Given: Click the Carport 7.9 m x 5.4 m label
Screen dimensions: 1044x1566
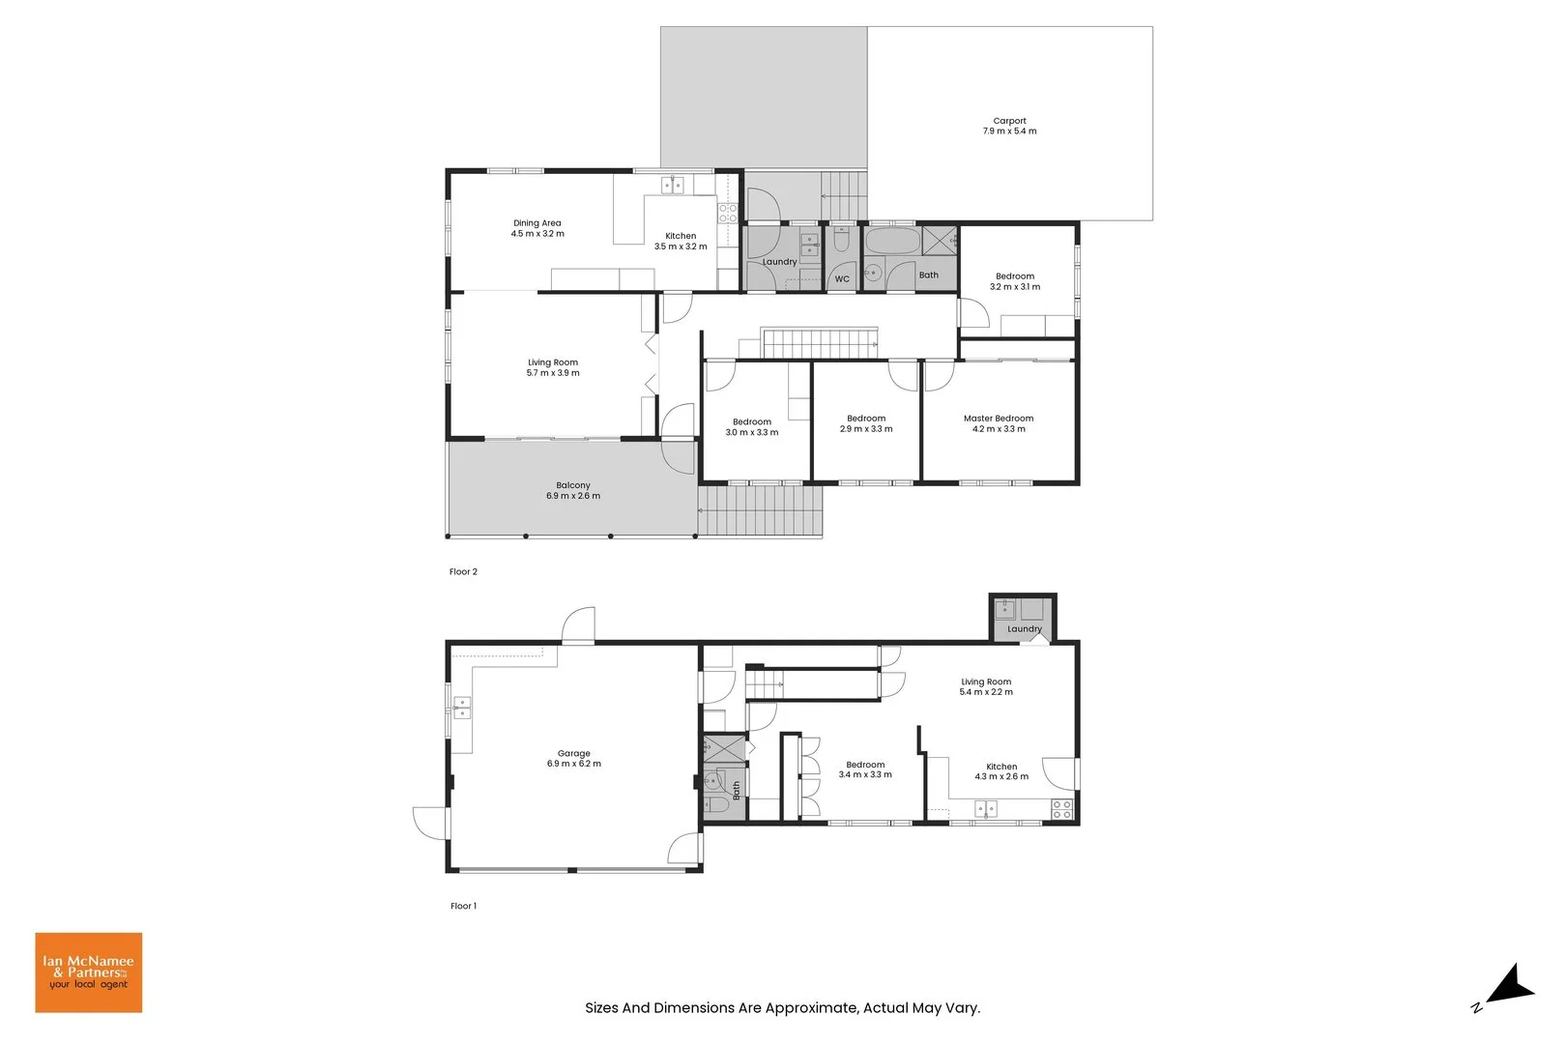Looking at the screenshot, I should [1009, 127].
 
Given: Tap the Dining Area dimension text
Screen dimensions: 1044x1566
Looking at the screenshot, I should [537, 234].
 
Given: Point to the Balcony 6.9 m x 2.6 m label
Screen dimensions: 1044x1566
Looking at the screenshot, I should [573, 491].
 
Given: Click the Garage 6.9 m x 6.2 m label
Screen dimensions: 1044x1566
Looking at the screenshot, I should [574, 759].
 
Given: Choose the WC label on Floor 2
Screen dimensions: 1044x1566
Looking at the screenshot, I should [842, 279].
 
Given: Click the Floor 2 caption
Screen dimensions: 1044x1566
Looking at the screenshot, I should [463, 572].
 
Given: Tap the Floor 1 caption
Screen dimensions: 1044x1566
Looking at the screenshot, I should [463, 907].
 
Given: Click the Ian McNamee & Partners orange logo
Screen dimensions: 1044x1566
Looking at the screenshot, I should [89, 972].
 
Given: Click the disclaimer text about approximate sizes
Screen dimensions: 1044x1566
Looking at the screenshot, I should [782, 1008].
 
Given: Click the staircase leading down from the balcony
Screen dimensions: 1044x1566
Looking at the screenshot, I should [761, 511].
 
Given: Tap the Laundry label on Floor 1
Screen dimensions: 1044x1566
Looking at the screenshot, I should [1025, 629].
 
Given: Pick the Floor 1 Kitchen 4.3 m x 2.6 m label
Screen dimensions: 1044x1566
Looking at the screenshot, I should [1001, 771].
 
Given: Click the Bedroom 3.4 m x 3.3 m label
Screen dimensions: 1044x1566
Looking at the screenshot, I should [865, 769].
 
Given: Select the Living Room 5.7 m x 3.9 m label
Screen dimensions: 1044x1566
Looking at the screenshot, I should [553, 367].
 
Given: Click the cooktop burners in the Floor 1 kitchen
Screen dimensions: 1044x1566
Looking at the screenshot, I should [1061, 809].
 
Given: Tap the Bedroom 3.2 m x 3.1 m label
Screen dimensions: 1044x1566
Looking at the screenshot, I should [1015, 281].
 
